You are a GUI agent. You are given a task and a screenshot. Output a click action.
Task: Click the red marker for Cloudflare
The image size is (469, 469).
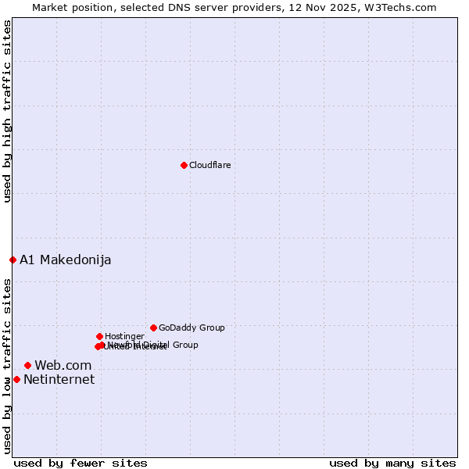pyautogui.click(x=184, y=165)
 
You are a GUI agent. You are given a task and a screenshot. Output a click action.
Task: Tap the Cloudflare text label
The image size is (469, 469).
pyautogui.click(x=209, y=165)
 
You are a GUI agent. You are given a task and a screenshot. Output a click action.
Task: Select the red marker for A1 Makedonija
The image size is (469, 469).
pyautogui.click(x=13, y=260)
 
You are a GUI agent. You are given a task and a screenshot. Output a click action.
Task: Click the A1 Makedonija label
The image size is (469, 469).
pyautogui.click(x=66, y=260)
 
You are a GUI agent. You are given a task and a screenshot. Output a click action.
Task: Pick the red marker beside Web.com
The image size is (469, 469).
pyautogui.click(x=27, y=365)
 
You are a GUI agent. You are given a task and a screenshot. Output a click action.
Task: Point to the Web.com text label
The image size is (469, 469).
pyautogui.click(x=63, y=365)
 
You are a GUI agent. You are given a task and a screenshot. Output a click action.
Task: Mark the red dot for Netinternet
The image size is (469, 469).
pyautogui.click(x=16, y=379)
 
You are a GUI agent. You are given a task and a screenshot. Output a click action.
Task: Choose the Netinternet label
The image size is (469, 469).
pyautogui.click(x=59, y=379)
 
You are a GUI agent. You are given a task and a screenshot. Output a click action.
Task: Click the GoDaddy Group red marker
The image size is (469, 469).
pyautogui.click(x=153, y=328)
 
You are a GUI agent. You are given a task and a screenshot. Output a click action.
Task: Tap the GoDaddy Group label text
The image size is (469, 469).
pyautogui.click(x=192, y=328)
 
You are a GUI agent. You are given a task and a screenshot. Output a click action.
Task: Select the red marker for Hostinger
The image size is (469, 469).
pyautogui.click(x=99, y=336)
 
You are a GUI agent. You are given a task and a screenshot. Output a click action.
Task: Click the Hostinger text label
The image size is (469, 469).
pyautogui.click(x=124, y=336)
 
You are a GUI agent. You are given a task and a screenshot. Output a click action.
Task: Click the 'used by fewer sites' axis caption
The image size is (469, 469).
pyautogui.click(x=81, y=463)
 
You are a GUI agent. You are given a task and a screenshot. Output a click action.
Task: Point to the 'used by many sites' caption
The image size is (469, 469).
pyautogui.click(x=392, y=463)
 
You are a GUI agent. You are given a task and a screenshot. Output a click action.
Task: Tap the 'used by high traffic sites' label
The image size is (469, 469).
pyautogui.click(x=7, y=111)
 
